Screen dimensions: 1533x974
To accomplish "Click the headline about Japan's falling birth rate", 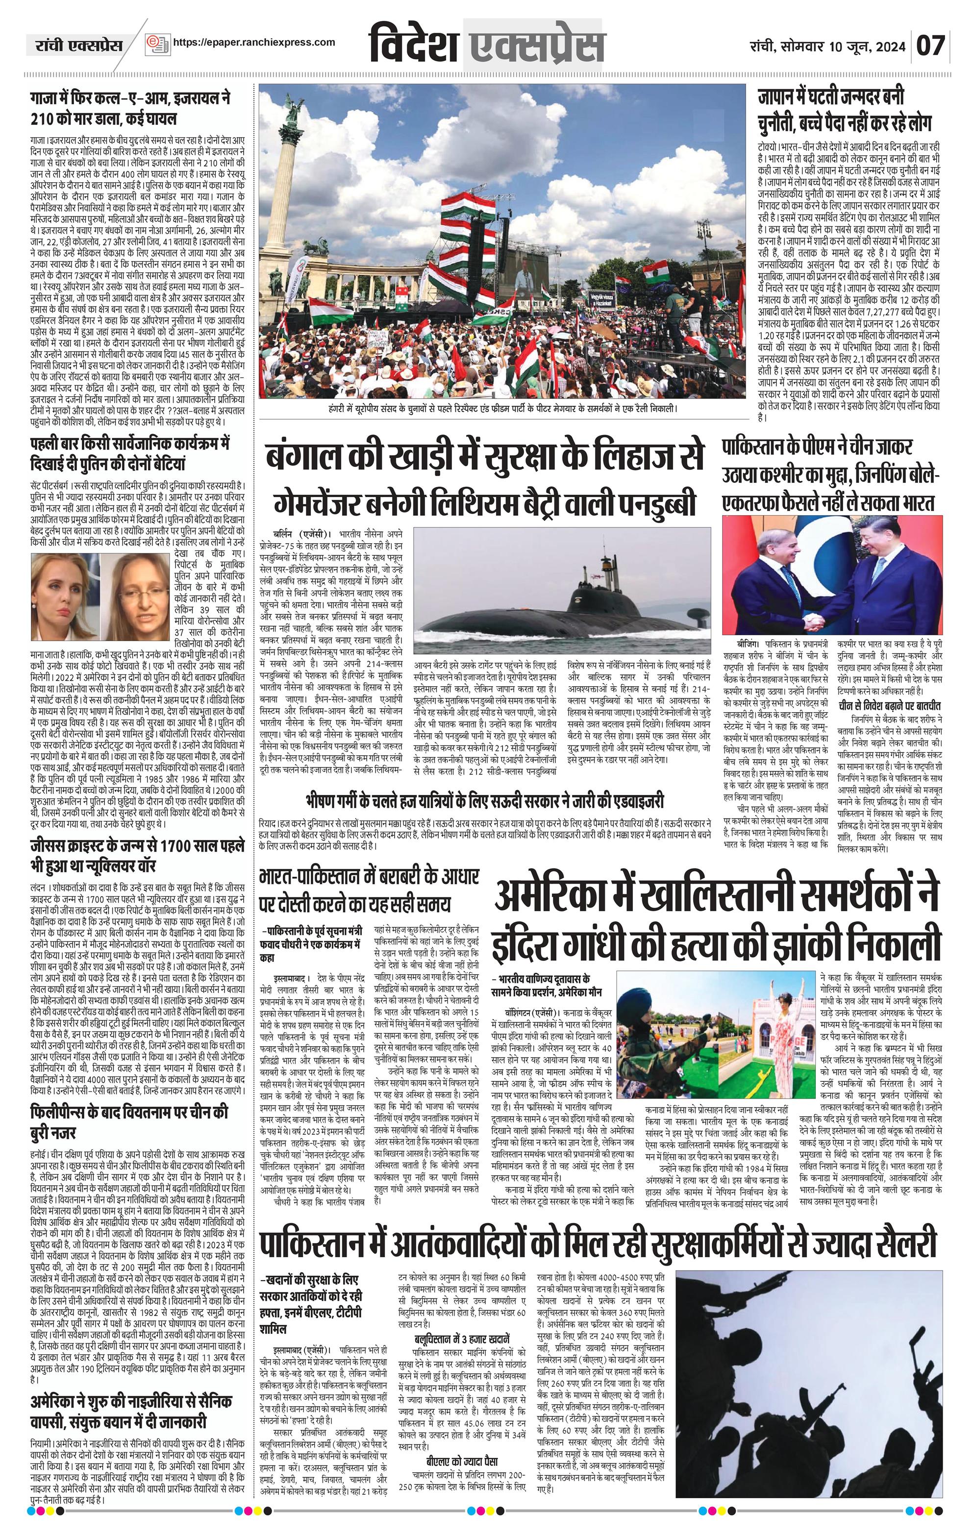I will coord(844,109).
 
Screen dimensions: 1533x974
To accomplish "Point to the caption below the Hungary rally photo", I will coord(500,408).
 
